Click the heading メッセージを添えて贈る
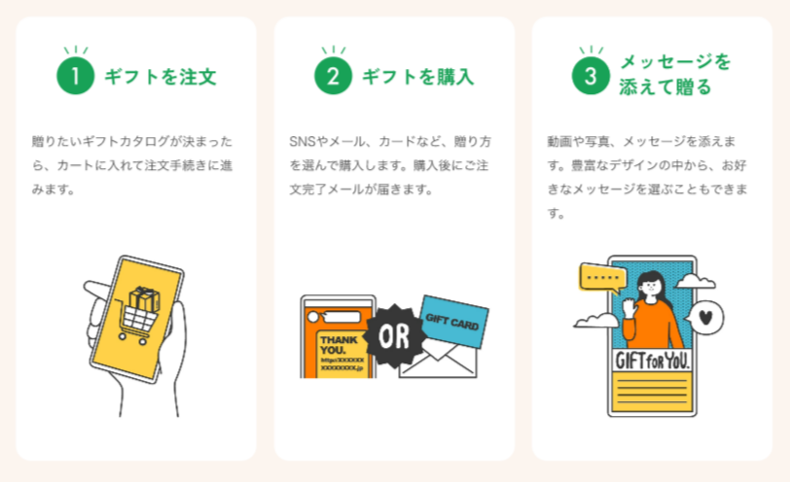click(674, 75)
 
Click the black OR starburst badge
click(395, 336)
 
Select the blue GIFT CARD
click(452, 324)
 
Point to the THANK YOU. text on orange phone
click(340, 345)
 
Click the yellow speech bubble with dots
click(605, 278)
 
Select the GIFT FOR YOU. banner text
click(652, 361)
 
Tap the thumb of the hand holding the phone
click(96, 290)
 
